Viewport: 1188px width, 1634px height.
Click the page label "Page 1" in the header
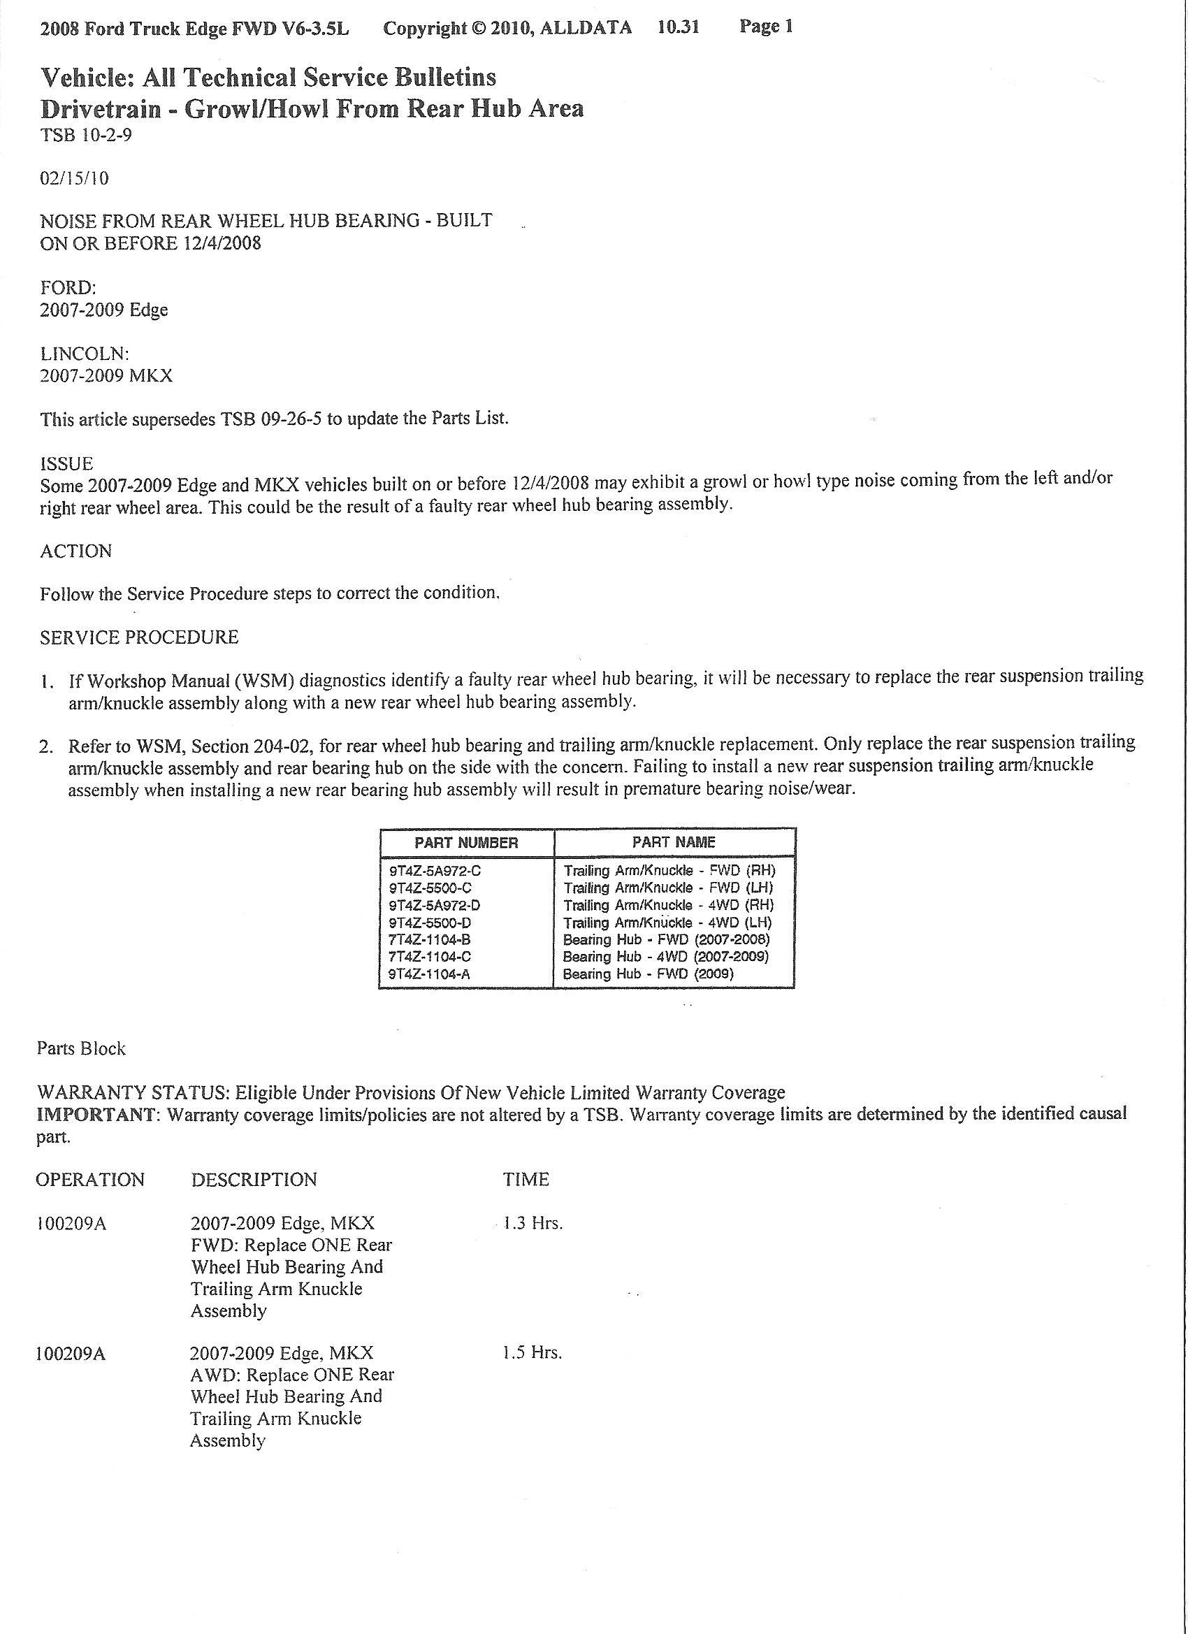pyautogui.click(x=766, y=27)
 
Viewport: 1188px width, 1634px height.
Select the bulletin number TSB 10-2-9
pyautogui.click(x=86, y=136)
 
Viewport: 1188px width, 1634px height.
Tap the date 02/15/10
pyautogui.click(x=74, y=178)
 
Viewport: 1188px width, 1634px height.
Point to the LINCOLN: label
pyautogui.click(x=85, y=354)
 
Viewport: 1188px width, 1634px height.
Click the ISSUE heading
pyautogui.click(x=66, y=463)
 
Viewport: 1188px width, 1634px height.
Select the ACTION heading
pyautogui.click(x=75, y=551)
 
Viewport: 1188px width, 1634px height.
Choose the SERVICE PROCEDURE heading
pyautogui.click(x=139, y=637)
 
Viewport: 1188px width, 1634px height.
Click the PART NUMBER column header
pyautogui.click(x=466, y=843)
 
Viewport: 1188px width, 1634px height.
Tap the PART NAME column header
pyautogui.click(x=674, y=842)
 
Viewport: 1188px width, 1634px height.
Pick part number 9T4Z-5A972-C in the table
pyautogui.click(x=435, y=871)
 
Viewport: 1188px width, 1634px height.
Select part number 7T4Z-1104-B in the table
pyautogui.click(x=430, y=940)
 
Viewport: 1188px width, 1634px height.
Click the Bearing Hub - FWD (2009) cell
pyautogui.click(x=648, y=975)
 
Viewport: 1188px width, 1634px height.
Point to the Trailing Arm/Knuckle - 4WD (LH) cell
pyautogui.click(x=667, y=923)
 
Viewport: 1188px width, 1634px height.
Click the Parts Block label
pyautogui.click(x=81, y=1049)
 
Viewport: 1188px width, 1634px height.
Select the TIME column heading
pyautogui.click(x=526, y=1180)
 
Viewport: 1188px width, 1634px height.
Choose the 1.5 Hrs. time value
pyautogui.click(x=532, y=1353)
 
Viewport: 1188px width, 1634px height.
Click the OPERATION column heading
pyautogui.click(x=90, y=1180)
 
